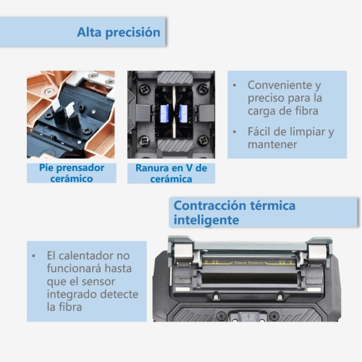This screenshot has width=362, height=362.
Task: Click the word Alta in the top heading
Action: [x=89, y=32]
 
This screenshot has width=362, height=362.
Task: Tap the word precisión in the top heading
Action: [x=132, y=33]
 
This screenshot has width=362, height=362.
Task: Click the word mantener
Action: [x=272, y=145]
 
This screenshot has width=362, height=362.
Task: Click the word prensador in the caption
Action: [x=80, y=168]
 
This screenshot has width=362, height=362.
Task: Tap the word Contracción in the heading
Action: [x=209, y=206]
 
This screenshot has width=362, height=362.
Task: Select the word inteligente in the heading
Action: [x=206, y=220]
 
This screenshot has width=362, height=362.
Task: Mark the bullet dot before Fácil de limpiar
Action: [x=235, y=132]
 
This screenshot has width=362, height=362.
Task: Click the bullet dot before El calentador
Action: [x=33, y=256]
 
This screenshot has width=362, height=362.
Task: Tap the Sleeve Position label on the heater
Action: [x=249, y=263]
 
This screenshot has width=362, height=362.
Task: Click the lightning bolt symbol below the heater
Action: [x=248, y=316]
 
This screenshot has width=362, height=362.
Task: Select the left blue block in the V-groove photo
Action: [x=164, y=114]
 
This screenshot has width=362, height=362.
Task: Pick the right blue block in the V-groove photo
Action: [x=183, y=114]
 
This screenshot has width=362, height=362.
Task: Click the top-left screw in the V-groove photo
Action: [x=144, y=90]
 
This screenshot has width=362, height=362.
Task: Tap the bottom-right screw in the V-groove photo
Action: [x=203, y=140]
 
